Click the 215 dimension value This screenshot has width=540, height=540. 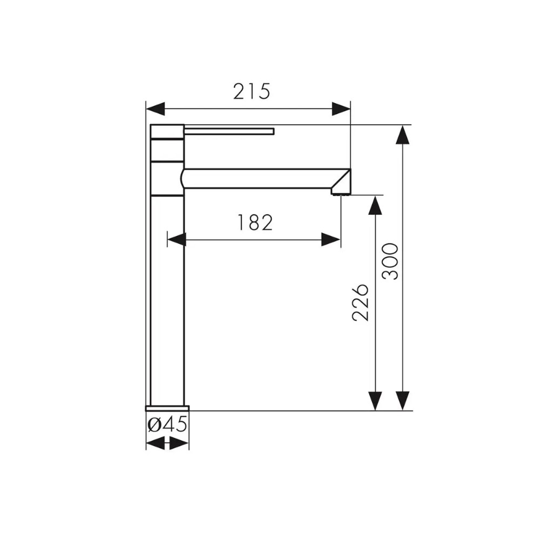(252, 92)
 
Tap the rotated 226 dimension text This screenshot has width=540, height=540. (361, 302)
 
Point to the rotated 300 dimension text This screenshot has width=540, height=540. (390, 261)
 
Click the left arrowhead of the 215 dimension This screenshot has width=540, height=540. (156, 109)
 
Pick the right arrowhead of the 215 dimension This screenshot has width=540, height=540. (341, 109)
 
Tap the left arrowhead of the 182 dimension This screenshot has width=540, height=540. (177, 239)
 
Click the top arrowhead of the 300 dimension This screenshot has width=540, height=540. (403, 134)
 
